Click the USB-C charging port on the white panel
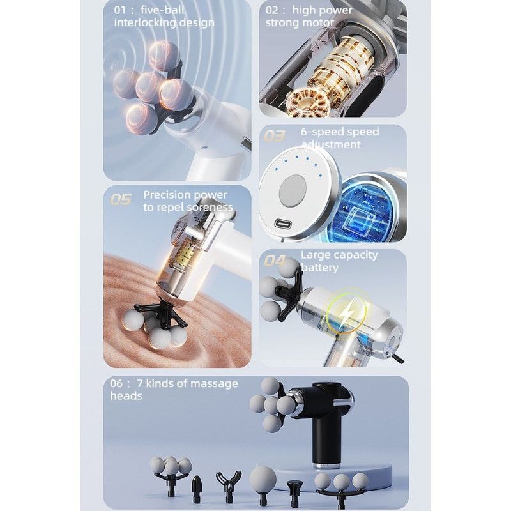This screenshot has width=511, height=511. pyautogui.click(x=284, y=224)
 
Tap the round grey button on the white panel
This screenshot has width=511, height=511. pyautogui.click(x=293, y=190)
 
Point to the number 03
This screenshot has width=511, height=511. pyautogui.click(x=274, y=135)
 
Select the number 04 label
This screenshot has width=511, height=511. pyautogui.click(x=275, y=261)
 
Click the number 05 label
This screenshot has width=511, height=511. pyautogui.click(x=121, y=199)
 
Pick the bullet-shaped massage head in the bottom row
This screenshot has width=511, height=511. pyautogui.click(x=196, y=488)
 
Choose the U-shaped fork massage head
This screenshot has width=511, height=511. pyautogui.click(x=229, y=485)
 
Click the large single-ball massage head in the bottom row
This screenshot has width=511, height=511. pyautogui.click(x=263, y=485)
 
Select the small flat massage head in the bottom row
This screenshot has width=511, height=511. pyautogui.click(x=294, y=491)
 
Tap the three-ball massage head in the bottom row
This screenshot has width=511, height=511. pyautogui.click(x=341, y=488)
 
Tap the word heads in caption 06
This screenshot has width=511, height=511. pyautogui.click(x=126, y=395)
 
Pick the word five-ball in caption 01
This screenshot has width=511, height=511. pyautogui.click(x=162, y=10)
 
